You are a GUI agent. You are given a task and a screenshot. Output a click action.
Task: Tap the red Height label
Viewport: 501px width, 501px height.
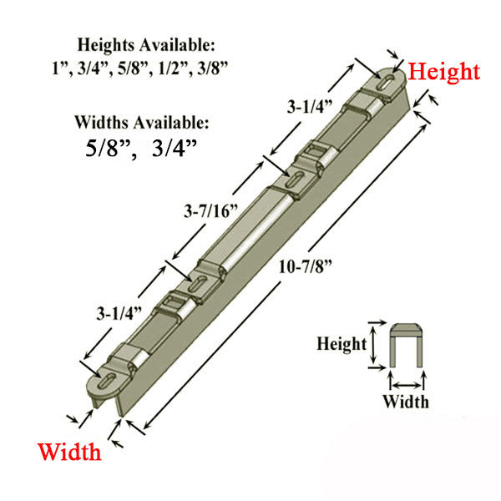point(443,72)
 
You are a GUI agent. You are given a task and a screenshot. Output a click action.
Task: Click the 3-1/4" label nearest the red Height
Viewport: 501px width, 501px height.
point(311,107)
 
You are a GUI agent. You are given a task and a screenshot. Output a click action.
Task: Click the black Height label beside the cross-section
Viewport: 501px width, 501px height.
point(341,343)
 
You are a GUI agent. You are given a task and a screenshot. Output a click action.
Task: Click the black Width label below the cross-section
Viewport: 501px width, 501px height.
point(406,402)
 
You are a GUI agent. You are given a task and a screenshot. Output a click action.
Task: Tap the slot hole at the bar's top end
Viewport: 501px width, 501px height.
point(386,82)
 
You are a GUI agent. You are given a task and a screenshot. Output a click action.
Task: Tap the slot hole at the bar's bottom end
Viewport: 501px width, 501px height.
point(109,383)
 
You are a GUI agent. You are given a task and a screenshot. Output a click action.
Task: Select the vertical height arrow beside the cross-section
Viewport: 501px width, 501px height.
point(373,344)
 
